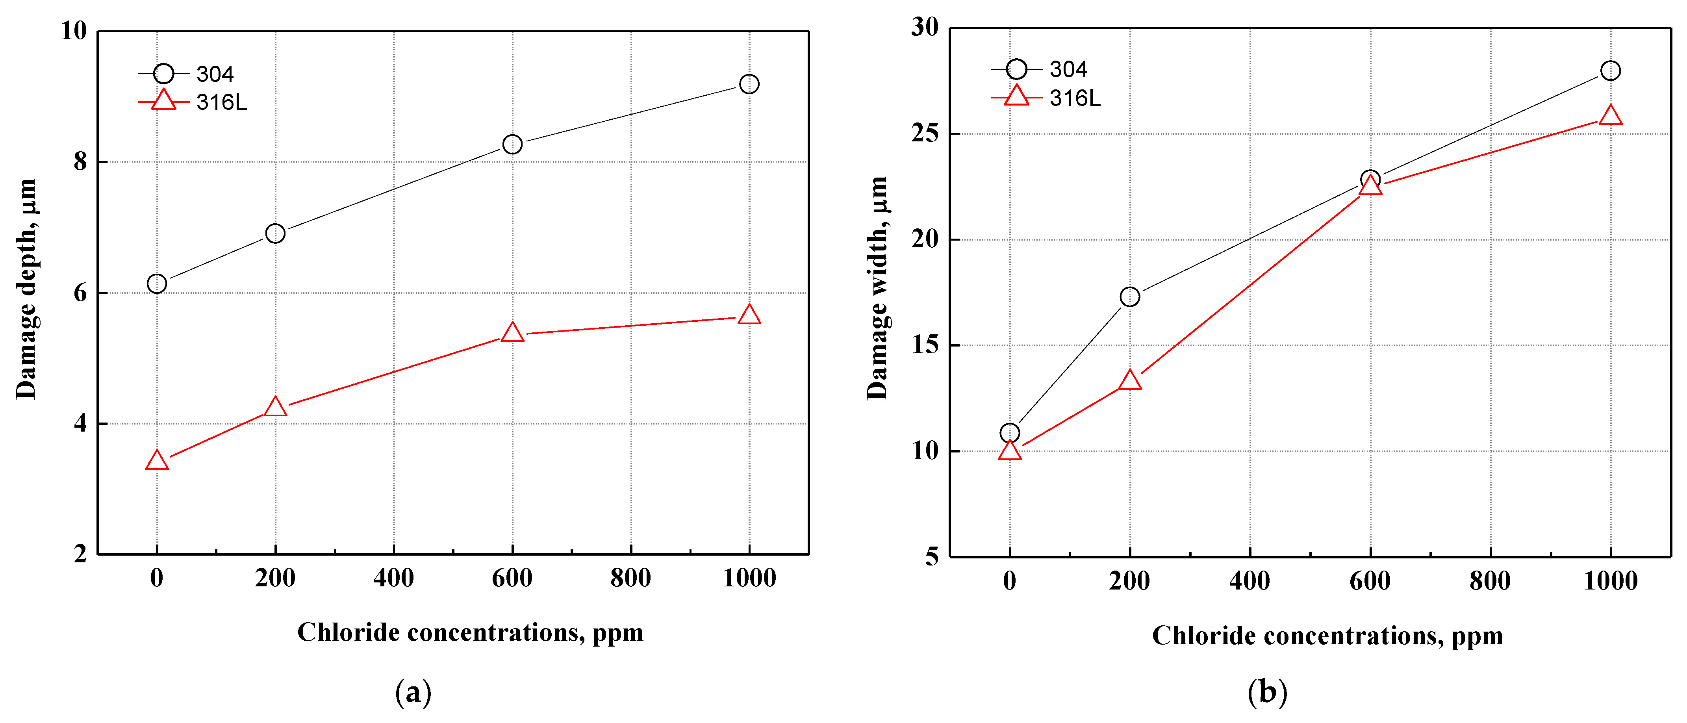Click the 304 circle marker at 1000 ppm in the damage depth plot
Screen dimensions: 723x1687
click(749, 84)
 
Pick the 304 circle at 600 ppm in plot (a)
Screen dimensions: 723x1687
click(512, 144)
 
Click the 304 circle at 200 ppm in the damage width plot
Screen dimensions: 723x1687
click(1130, 297)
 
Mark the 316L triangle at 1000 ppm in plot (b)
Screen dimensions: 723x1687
click(1610, 116)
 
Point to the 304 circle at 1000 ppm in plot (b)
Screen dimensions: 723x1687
click(1610, 71)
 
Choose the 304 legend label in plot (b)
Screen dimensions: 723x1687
click(1068, 69)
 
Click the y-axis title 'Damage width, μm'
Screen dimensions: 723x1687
click(877, 288)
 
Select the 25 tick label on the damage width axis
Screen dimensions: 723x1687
click(924, 133)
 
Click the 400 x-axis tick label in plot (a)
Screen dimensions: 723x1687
click(393, 578)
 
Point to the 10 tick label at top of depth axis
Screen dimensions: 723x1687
click(74, 31)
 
